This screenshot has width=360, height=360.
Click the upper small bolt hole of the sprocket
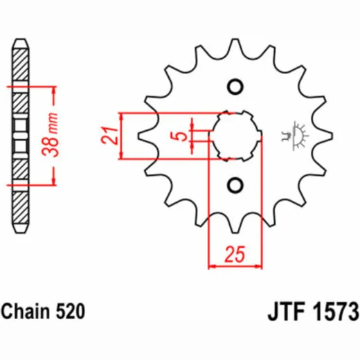point(235,87)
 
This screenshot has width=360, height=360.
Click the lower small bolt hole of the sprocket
point(235,186)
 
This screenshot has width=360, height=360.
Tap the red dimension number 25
point(235,255)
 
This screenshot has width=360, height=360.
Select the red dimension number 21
point(110,135)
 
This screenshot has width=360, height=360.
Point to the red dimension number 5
point(179,136)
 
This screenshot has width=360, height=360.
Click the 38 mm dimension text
point(50,134)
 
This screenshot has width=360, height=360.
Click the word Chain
point(25,312)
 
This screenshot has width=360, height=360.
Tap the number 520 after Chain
point(70,312)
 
